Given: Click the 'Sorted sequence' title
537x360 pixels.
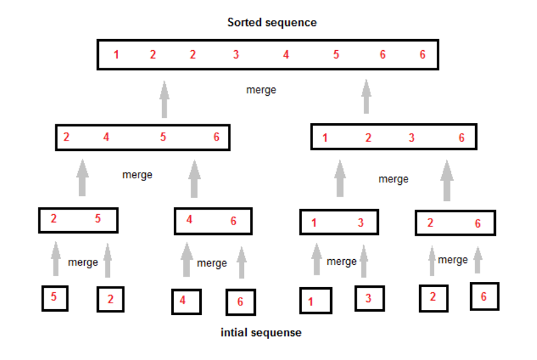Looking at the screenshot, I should tap(271, 22).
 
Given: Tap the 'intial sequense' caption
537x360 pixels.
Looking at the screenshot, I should tap(261, 333).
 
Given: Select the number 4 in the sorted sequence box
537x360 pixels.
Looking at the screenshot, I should tap(286, 55).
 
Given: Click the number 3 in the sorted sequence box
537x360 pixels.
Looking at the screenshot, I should tap(236, 55).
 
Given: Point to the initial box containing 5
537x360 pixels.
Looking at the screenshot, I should tap(54, 298).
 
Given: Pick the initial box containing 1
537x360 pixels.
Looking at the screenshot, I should tap(316, 301).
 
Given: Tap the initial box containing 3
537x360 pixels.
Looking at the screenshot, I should tap(369, 299).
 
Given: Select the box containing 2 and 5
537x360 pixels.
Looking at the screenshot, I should tap(78, 219).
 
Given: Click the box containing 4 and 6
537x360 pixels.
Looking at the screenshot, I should tap(213, 221).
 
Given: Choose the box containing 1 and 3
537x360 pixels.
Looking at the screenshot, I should tap(338, 222).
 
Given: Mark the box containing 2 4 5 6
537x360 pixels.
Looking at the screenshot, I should tap(143, 137).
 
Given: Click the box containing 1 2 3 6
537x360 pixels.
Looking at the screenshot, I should tap(393, 137).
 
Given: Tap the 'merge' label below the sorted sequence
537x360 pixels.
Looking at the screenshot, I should tap(261, 90).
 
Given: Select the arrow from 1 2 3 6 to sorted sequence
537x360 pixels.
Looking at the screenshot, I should tap(366, 96).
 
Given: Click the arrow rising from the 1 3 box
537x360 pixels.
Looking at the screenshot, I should tap(340, 178).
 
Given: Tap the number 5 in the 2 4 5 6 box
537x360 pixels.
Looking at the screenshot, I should tap(163, 137).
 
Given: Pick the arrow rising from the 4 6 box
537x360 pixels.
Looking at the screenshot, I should tap(194, 178).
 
